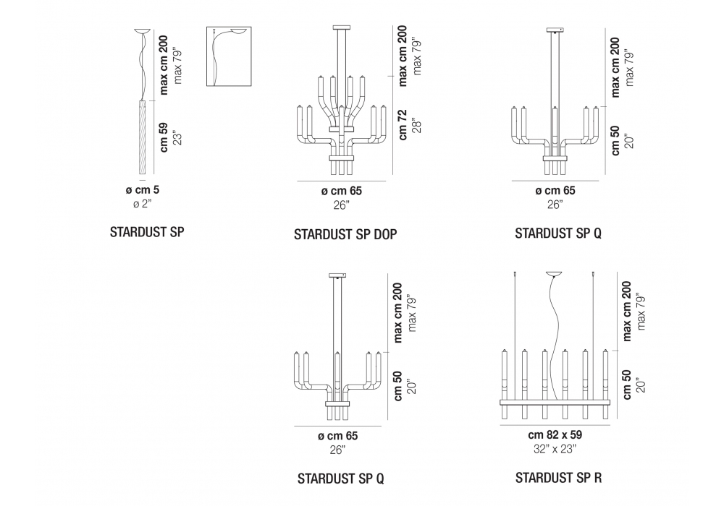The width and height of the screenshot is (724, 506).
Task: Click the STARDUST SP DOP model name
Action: click(x=346, y=234)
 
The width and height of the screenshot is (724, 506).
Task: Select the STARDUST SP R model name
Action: click(x=558, y=478)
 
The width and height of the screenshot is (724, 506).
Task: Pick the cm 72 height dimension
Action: click(x=403, y=124)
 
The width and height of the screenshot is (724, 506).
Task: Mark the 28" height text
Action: click(x=416, y=124)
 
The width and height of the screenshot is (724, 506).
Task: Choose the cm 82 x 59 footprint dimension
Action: click(x=555, y=435)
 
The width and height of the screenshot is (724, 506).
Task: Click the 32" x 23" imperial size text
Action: click(x=555, y=448)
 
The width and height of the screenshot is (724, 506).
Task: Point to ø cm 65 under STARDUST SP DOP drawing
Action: click(x=341, y=191)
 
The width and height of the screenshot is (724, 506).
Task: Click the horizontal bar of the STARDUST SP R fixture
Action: click(x=555, y=400)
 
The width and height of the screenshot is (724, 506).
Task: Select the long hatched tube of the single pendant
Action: click(x=142, y=137)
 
